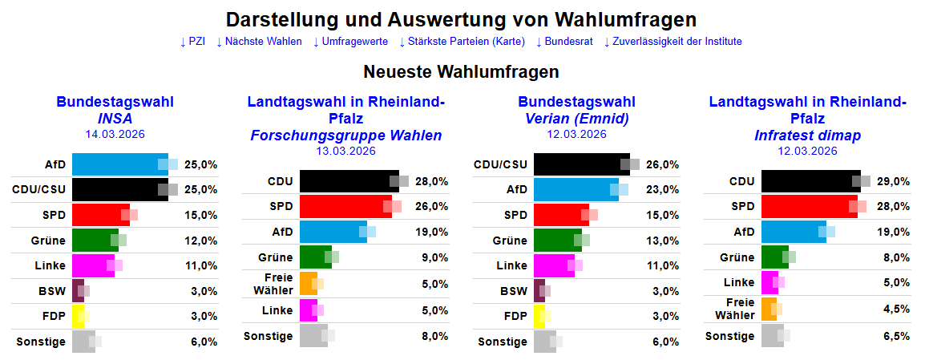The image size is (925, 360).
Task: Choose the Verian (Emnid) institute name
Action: pos(576,119)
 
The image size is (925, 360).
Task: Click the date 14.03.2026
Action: pos(115,134)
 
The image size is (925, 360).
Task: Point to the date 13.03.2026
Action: pos(345,151)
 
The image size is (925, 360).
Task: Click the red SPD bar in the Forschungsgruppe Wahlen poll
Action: pos(345,207)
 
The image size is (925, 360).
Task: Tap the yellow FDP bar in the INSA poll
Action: pos(78,316)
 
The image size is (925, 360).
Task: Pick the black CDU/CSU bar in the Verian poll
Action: pos(581,164)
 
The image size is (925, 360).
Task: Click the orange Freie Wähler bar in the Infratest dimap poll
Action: pos(769,309)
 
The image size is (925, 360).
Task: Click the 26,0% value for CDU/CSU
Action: pos(663,164)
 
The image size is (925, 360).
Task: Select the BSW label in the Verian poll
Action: pos(514,291)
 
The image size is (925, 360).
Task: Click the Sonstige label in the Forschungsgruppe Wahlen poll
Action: pos(268,336)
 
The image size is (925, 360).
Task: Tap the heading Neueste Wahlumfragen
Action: pos(461,72)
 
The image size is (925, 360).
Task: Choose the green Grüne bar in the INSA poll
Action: pos(95,241)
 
